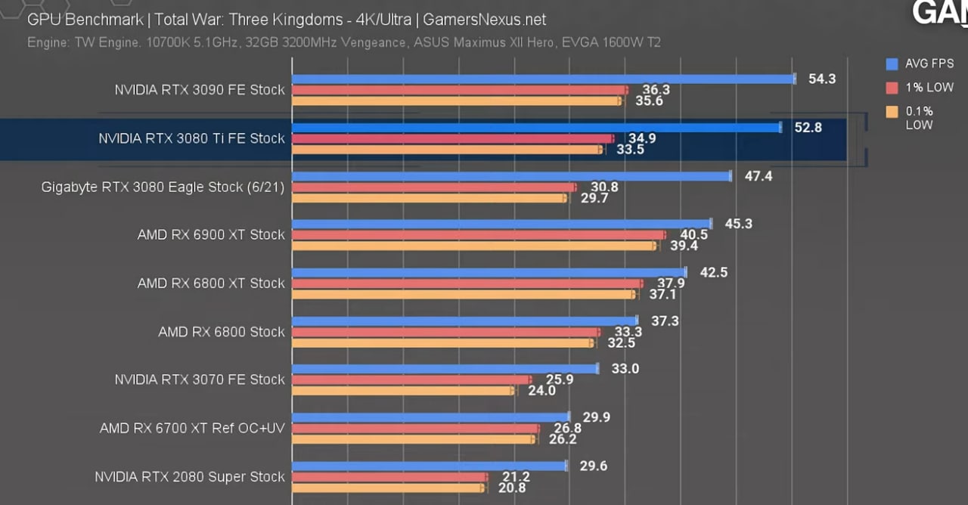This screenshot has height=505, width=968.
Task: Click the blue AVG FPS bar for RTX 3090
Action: pyautogui.click(x=543, y=79)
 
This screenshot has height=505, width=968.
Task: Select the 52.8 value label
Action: pyautogui.click(x=808, y=128)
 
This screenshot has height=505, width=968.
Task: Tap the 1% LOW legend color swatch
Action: pyautogui.click(x=892, y=88)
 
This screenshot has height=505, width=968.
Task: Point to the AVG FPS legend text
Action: pyautogui.click(x=929, y=64)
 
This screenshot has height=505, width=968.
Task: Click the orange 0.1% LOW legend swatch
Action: pyautogui.click(x=892, y=112)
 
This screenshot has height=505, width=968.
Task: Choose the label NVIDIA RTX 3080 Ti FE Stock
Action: pyautogui.click(x=191, y=138)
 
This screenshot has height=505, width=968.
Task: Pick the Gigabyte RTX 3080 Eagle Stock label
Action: pyautogui.click(x=163, y=187)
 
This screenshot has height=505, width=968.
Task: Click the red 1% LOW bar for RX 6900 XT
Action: pyautogui.click(x=478, y=235)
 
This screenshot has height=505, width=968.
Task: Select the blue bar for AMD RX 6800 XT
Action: pyautogui.click(x=489, y=272)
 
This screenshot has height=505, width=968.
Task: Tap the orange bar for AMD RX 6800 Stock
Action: pyautogui.click(x=443, y=342)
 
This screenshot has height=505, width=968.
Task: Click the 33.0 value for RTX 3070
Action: pyautogui.click(x=625, y=369)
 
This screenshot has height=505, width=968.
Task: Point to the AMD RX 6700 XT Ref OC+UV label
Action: pyautogui.click(x=192, y=428)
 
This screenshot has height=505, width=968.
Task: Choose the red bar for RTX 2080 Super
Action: pyautogui.click(x=389, y=477)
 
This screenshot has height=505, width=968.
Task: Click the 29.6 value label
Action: pyautogui.click(x=594, y=466)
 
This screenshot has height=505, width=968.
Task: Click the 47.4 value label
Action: pyautogui.click(x=759, y=176)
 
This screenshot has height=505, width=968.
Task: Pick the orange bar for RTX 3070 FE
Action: pyautogui.click(x=402, y=391)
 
